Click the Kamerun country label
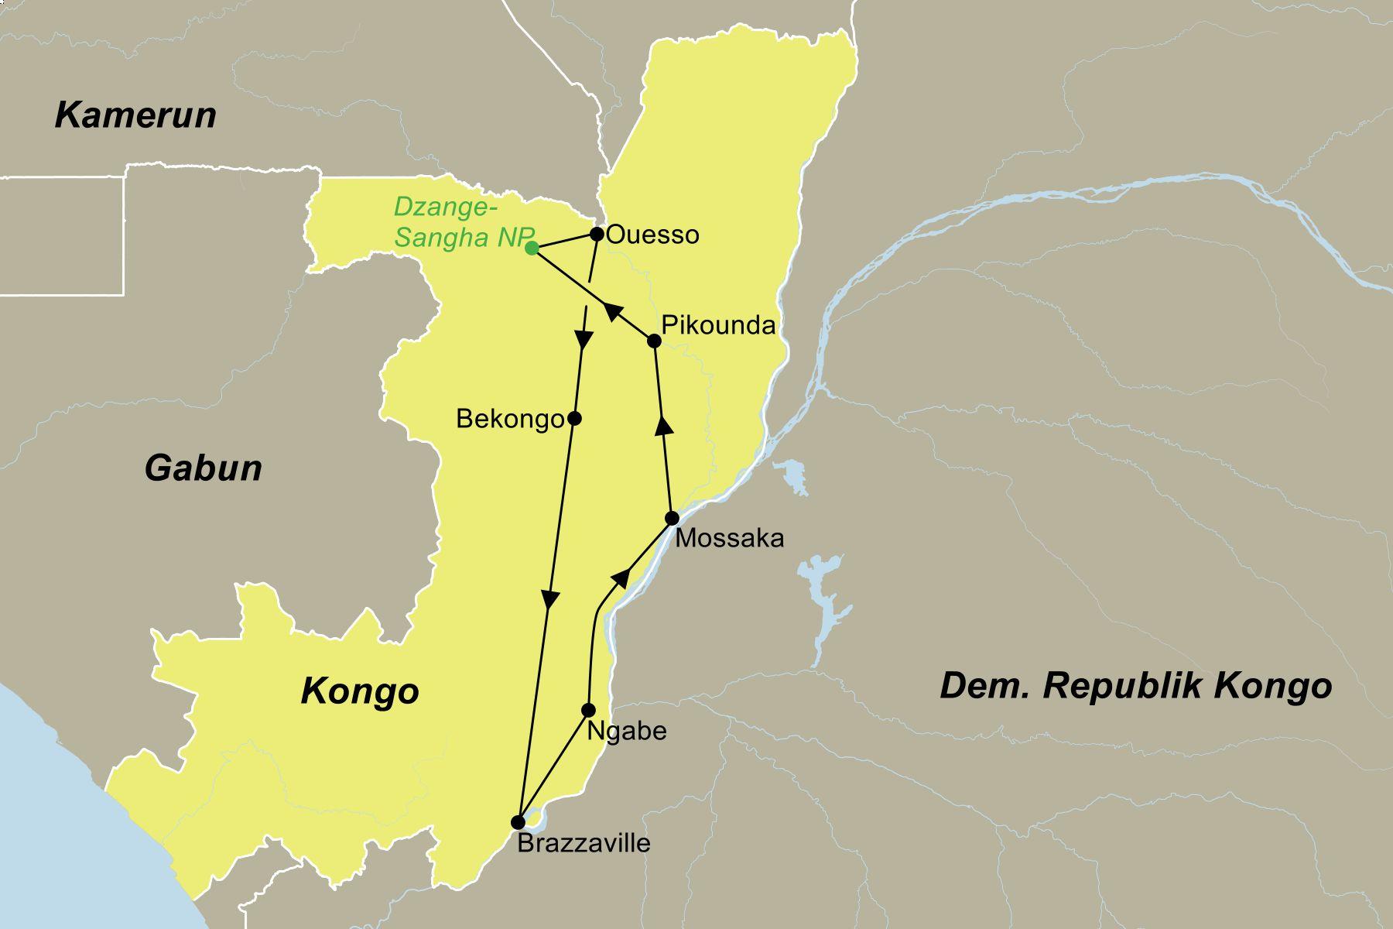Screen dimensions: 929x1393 coord(135,115)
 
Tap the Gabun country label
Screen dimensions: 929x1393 coord(204,468)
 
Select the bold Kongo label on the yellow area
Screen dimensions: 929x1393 coord(360,691)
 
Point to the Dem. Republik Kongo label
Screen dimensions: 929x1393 coord(1135,686)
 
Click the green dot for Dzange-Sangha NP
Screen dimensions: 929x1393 coord(532,249)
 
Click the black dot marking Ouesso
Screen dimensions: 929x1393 coord(597,233)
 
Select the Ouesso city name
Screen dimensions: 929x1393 coord(652,235)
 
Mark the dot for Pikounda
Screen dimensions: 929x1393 coord(654,341)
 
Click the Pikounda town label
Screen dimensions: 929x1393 coord(718,325)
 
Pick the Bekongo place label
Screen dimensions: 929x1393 coord(510,419)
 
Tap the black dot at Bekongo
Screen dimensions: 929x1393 coord(574,419)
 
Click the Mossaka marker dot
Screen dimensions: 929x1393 coord(673,518)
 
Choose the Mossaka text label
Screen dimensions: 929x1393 coord(729,538)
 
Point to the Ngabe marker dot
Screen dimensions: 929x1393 coord(588,710)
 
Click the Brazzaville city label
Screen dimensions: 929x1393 coord(584,843)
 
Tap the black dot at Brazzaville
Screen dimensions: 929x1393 coord(518,822)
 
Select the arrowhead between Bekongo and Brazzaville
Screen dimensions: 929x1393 coord(549,600)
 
